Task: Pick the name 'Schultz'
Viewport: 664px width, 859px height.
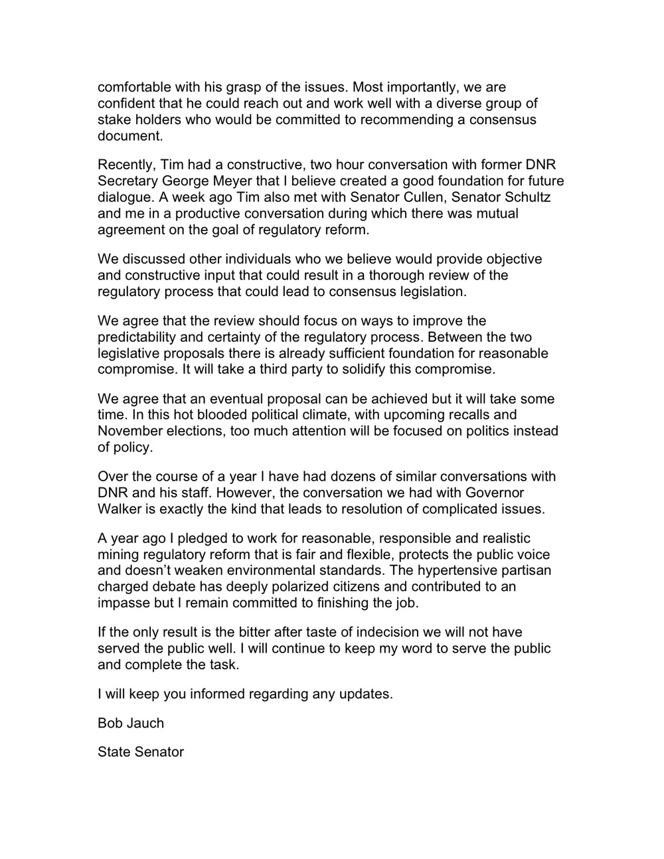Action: click(x=527, y=197)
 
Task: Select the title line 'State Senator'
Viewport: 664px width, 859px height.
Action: click(x=140, y=752)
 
